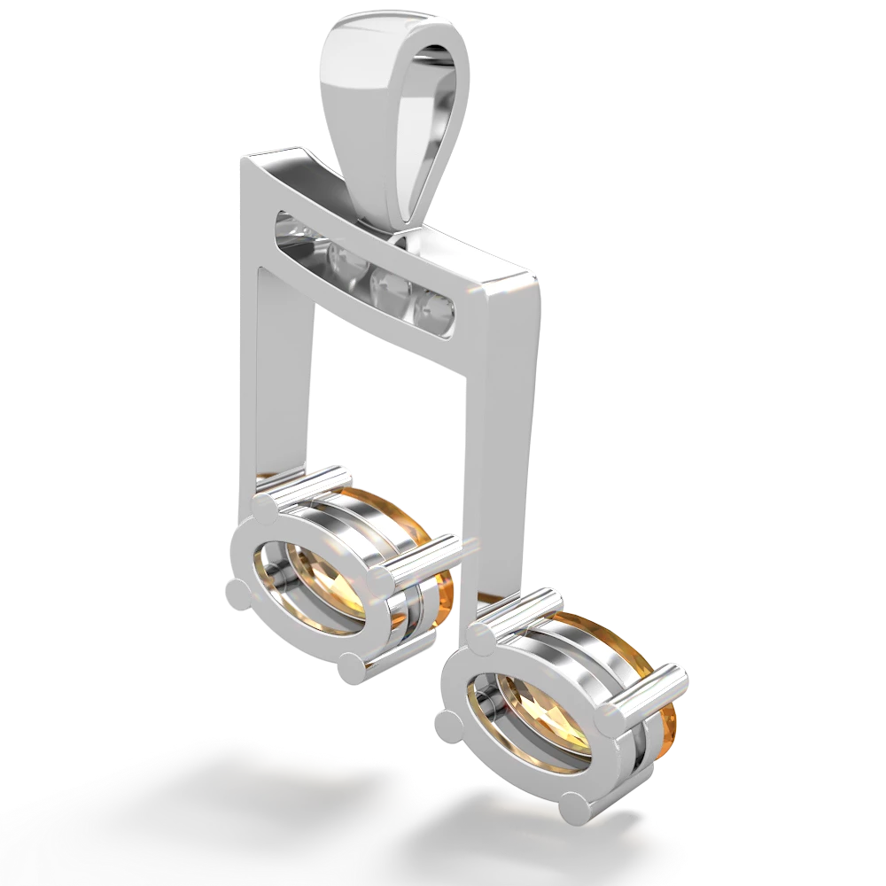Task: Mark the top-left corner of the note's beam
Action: pos(241,159)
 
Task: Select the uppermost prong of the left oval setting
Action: pos(265,506)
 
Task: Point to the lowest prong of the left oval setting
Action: pos(351,667)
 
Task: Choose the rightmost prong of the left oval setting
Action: pos(382,581)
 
